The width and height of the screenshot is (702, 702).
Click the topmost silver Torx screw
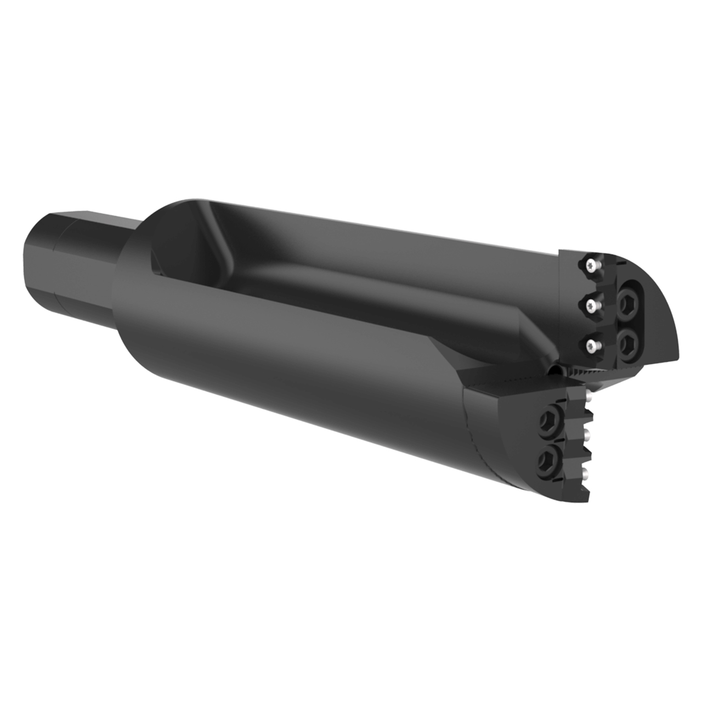590,265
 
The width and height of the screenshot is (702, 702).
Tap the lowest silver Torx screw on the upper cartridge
591,344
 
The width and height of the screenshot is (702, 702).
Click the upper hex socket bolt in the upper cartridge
626,303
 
